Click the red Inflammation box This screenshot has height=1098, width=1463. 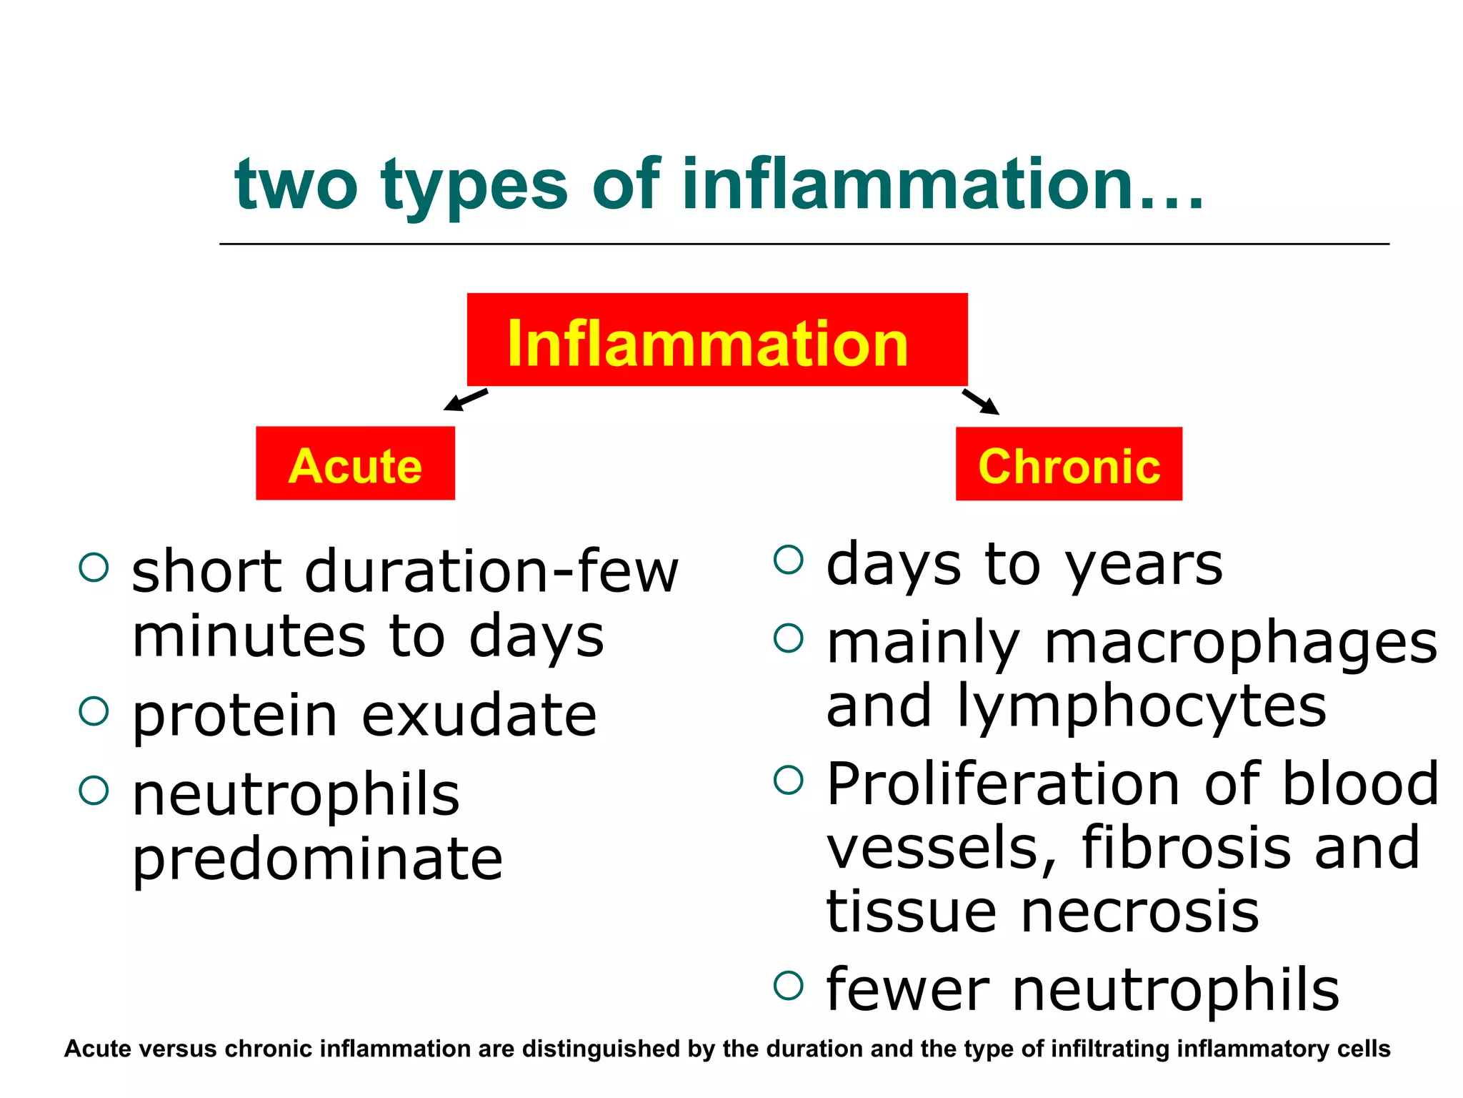pyautogui.click(x=717, y=340)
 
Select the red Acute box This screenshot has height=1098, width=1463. pyautogui.click(x=355, y=463)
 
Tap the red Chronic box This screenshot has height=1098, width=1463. pyautogui.click(x=1069, y=464)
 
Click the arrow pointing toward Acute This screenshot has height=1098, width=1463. pyautogui.click(x=465, y=400)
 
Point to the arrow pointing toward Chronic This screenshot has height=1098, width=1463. pyautogui.click(x=981, y=402)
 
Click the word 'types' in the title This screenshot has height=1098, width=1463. pyautogui.click(x=474, y=186)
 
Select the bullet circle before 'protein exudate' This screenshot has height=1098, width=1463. pyautogui.click(x=94, y=711)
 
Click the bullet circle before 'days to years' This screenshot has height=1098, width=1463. pyautogui.click(x=788, y=560)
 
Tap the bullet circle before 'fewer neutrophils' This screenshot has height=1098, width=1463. pyautogui.click(x=788, y=985)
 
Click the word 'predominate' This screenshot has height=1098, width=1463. pyautogui.click(x=318, y=859)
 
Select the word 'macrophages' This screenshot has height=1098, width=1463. pyautogui.click(x=1241, y=643)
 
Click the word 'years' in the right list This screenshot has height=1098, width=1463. pyautogui.click(x=1144, y=565)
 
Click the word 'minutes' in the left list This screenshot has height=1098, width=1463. pyautogui.click(x=249, y=636)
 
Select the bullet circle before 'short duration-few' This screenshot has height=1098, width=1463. pyautogui.click(x=94, y=568)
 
